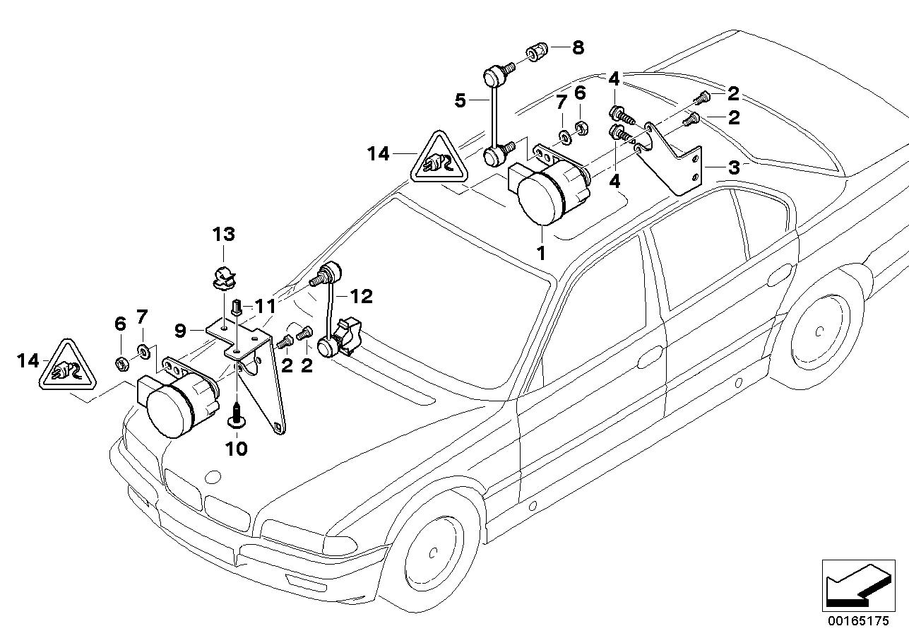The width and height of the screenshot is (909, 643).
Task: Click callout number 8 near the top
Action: tap(578, 48)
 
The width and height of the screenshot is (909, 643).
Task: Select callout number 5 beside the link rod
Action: tap(461, 100)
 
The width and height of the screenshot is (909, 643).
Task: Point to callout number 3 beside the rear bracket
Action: tap(734, 167)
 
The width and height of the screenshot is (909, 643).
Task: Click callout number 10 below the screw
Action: tap(237, 449)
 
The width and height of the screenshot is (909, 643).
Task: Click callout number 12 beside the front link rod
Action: tap(361, 296)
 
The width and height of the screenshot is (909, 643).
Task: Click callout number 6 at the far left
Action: tap(120, 324)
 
